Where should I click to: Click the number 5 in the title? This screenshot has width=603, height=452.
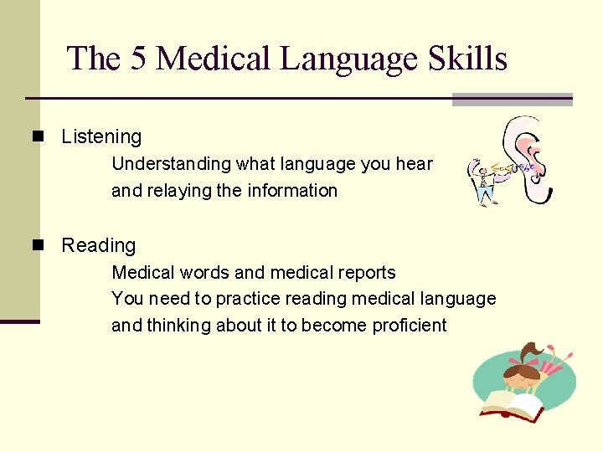(139, 59)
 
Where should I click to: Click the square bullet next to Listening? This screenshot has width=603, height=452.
(36, 136)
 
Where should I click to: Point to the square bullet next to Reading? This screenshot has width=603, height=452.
(36, 245)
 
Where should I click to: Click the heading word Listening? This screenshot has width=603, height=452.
(101, 136)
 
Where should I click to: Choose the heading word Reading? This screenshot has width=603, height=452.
(98, 245)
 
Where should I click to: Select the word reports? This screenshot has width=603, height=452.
(365, 273)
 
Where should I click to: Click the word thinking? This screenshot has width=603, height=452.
(178, 326)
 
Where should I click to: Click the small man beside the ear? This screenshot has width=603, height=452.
(483, 181)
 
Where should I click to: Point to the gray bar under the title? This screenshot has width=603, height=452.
(512, 100)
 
